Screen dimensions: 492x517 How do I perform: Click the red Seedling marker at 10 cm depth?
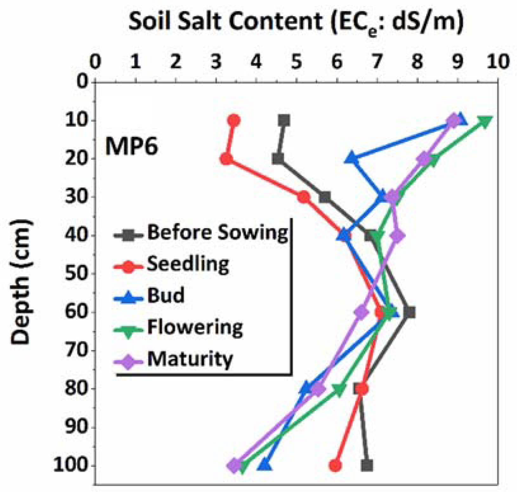pos(234,120)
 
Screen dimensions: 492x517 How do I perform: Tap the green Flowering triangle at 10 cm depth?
pos(485,121)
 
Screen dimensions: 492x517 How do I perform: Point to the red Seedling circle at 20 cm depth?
pos(226,159)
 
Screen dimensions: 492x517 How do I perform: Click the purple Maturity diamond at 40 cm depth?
pos(398,235)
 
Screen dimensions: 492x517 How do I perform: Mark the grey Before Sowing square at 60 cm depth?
pos(409,312)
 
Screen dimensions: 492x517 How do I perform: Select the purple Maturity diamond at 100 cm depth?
pos(234,466)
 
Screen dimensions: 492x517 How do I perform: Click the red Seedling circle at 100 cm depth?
pos(335,466)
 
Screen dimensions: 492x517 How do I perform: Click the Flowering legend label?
pos(195,327)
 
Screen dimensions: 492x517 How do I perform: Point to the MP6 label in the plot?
pos(131,147)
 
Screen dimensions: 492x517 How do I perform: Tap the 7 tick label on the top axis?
pos(377,62)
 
